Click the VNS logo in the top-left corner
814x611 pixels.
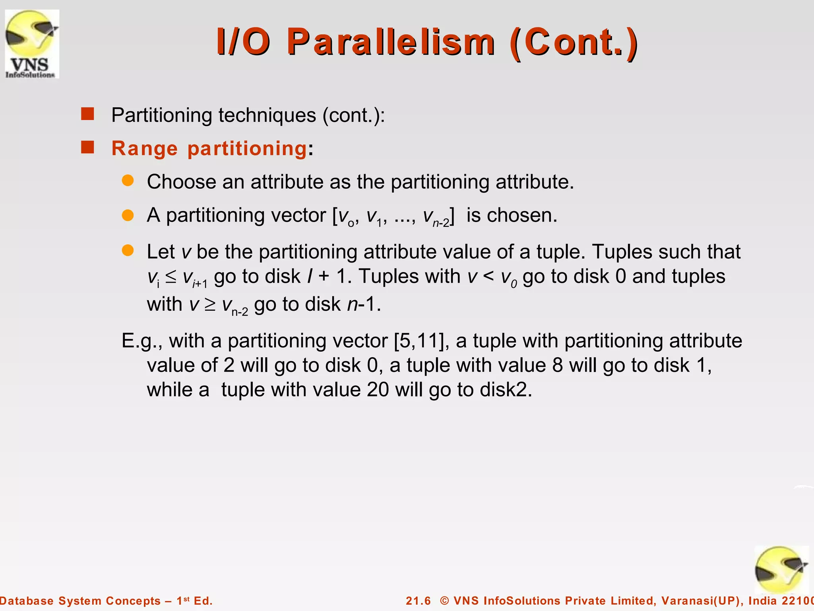coord(32,44)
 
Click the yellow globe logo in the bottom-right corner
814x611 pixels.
coord(781,570)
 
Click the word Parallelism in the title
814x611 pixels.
coord(391,42)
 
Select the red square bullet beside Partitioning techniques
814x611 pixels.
coord(87,114)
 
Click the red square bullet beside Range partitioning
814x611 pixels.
coord(87,147)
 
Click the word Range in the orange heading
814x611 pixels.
coord(145,148)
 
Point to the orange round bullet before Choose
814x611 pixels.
coord(128,181)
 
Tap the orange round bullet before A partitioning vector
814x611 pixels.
coord(128,215)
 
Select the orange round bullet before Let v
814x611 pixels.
coord(128,251)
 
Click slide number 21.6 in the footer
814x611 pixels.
coord(418,601)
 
